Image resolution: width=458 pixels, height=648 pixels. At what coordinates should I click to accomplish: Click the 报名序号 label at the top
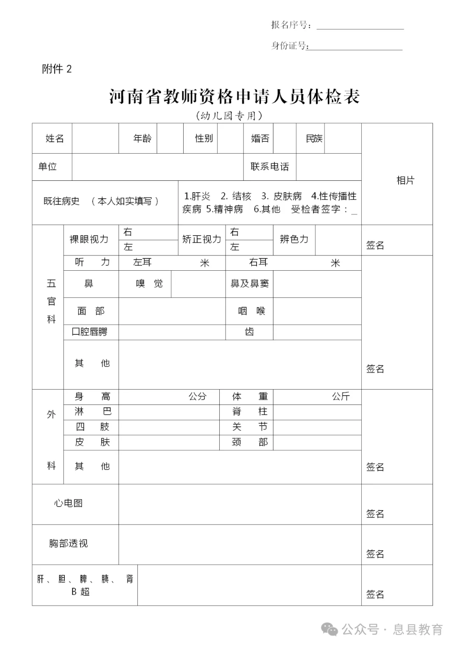coord(291,25)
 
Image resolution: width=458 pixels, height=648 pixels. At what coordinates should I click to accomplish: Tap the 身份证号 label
coord(290,46)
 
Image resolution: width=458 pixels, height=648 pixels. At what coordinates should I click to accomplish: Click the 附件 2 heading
coord(57,69)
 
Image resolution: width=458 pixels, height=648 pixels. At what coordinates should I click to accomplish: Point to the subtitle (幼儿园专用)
coord(229,115)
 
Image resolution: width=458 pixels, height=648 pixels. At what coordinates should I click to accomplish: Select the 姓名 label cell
coord(55,138)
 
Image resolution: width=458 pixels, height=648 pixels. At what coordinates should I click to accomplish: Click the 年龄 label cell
coord(142,138)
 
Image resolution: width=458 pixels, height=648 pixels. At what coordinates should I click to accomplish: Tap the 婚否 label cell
coord(260,138)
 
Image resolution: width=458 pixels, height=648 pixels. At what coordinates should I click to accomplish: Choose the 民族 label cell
coord(314,138)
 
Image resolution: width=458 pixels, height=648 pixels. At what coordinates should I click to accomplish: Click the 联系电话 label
coord(270,167)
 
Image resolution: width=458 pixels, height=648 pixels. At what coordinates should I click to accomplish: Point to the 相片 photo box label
coord(405,180)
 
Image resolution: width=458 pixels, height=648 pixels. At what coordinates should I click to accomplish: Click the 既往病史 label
coord(61,201)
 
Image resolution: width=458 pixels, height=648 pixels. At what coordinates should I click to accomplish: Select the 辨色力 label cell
coord(294,239)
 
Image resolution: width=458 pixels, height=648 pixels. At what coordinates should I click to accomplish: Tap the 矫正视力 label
coord(202,239)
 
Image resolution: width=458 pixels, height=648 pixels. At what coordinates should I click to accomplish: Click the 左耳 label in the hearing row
coord(142,262)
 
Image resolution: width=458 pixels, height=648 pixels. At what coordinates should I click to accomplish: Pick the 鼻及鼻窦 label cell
coord(249,283)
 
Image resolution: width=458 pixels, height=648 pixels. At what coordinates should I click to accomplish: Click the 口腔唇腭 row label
coord(89,332)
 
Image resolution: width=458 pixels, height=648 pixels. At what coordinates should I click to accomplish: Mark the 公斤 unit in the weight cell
coord(341,396)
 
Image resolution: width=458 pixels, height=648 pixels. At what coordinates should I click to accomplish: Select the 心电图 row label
coord(68,503)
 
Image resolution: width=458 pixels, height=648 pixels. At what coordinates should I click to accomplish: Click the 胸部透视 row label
coord(68,544)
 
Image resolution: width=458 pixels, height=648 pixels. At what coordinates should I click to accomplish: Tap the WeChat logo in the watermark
coord(330,629)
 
